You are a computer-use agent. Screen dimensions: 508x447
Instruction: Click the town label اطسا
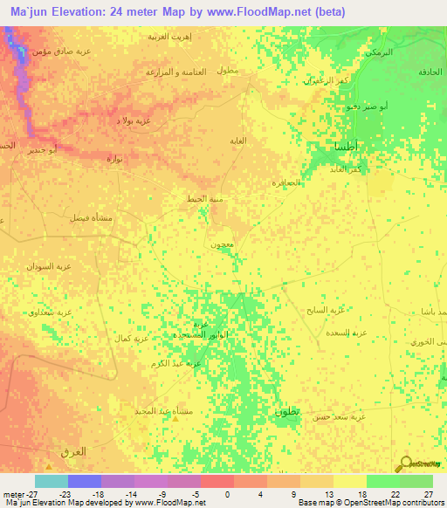click(344, 148)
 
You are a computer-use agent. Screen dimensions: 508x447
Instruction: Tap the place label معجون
click(219, 245)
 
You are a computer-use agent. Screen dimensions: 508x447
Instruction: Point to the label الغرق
click(72, 451)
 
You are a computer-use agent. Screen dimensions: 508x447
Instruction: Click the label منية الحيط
click(204, 199)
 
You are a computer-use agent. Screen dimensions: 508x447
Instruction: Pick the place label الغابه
click(237, 141)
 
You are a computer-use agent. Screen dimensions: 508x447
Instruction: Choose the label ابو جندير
click(41, 150)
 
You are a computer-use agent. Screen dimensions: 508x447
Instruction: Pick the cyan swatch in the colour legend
click(52, 481)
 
